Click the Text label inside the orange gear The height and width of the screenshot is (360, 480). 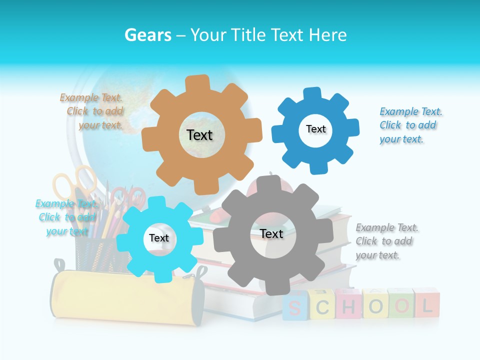point(199,135)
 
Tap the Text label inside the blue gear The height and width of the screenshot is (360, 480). point(315,129)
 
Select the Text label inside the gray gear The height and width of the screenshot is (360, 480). point(271,234)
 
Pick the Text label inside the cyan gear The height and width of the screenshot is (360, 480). point(159,238)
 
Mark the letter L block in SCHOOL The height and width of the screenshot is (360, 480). point(426,304)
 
